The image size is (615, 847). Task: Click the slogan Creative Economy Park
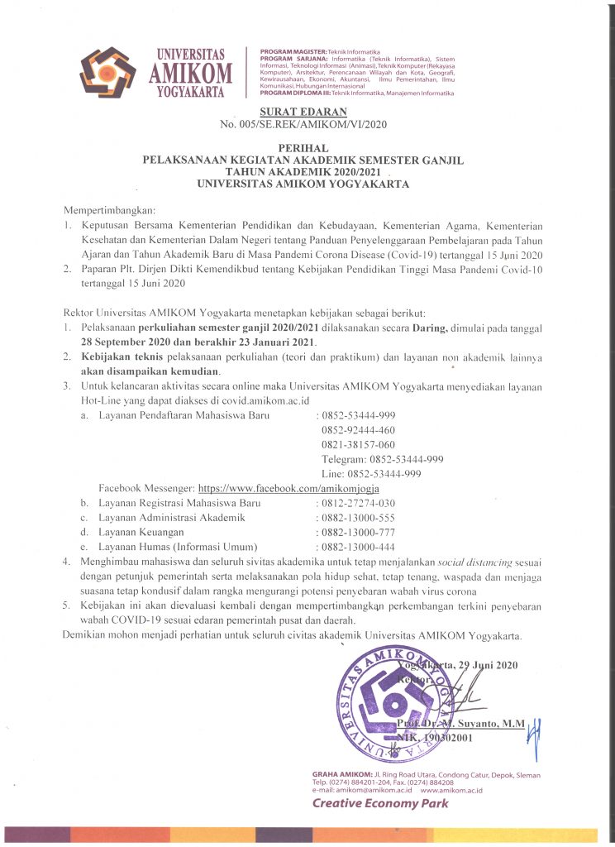click(380, 803)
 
